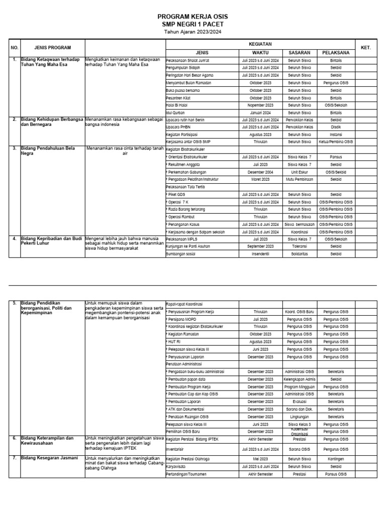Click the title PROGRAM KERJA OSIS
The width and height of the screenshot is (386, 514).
192,17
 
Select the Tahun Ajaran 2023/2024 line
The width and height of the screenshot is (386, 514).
192,31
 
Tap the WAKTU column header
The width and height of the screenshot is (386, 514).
260,52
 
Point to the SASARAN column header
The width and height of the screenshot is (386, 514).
299,52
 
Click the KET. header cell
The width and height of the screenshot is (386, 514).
365,48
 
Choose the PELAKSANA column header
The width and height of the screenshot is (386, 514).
336,52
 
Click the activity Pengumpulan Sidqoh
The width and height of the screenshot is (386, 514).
182,67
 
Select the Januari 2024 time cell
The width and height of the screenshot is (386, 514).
260,113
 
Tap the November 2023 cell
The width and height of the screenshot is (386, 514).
260,105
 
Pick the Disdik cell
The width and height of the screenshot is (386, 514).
336,127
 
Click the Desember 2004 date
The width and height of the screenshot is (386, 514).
260,171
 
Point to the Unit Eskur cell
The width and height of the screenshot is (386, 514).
299,171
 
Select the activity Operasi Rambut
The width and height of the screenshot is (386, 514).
180,216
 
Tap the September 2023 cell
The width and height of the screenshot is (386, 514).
260,246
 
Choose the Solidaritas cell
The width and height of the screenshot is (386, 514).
299,254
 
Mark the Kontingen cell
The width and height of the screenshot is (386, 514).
336,459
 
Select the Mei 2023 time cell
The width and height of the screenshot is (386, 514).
260,459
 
